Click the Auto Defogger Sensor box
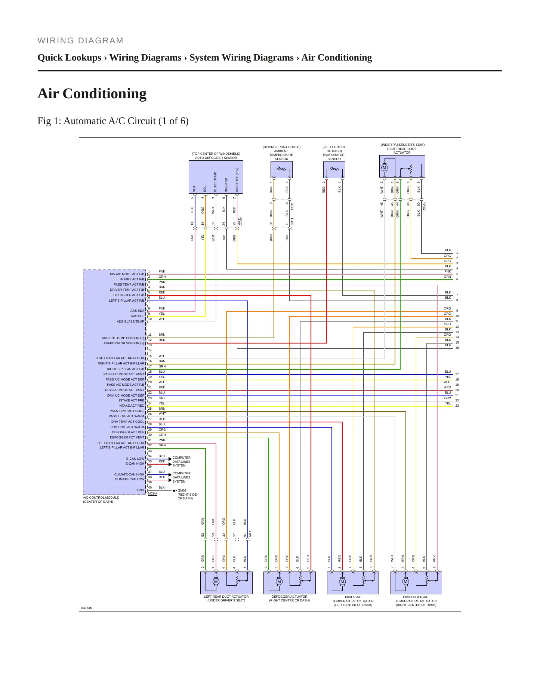click(216, 177)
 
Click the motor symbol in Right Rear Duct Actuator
click(384, 168)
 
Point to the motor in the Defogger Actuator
click(279, 582)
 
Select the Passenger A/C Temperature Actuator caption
click(416, 601)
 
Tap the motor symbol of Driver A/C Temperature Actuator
click(342, 582)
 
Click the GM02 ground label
click(182, 490)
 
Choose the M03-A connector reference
click(152, 494)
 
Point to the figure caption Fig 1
click(113, 121)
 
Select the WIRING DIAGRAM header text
click(80, 41)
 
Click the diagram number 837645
click(86, 608)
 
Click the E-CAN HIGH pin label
click(135, 464)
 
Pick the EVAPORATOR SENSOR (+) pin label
click(124, 343)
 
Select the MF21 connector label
click(424, 206)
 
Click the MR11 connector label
click(240, 221)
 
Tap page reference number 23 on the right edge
click(457, 406)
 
